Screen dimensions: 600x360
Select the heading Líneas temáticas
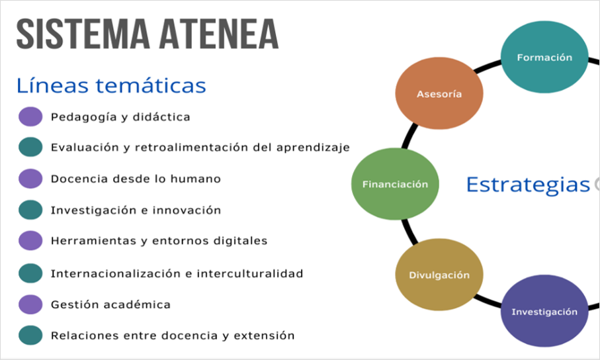click(111, 85)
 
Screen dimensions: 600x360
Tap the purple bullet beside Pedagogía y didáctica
click(30, 116)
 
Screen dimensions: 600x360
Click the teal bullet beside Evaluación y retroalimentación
click(30, 147)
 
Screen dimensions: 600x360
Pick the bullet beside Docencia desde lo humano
click(30, 179)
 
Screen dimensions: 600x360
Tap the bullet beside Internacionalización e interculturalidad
click(30, 273)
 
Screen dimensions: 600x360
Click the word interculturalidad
click(250, 273)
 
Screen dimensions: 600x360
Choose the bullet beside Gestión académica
click(30, 304)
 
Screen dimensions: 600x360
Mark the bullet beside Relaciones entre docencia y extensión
click(30, 336)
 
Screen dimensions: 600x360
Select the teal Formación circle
click(544, 57)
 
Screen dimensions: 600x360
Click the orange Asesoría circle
click(439, 93)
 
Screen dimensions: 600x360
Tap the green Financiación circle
click(395, 184)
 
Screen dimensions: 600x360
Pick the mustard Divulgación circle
click(439, 275)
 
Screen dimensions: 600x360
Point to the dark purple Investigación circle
click(544, 311)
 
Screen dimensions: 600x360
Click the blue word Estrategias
click(528, 185)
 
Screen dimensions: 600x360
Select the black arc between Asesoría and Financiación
click(409, 136)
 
